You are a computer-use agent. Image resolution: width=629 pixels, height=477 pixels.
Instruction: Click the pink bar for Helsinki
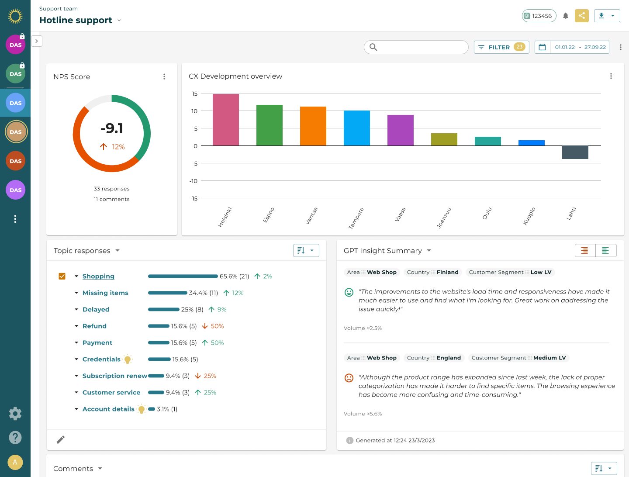click(x=225, y=120)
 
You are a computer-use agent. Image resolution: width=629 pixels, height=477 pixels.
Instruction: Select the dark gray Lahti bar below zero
click(x=575, y=152)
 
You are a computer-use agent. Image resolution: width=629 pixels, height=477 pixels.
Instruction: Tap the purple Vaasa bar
click(x=400, y=130)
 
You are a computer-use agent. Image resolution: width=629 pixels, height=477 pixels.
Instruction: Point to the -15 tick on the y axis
click(x=194, y=198)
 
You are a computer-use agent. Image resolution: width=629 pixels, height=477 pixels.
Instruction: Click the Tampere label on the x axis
click(x=356, y=218)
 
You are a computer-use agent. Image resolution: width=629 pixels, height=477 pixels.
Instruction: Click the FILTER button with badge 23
click(x=501, y=47)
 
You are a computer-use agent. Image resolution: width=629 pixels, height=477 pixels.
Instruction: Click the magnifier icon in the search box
click(x=373, y=47)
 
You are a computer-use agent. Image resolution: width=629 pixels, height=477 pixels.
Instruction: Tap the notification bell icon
click(x=566, y=16)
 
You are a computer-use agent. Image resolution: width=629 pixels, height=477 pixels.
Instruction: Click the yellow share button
click(x=581, y=16)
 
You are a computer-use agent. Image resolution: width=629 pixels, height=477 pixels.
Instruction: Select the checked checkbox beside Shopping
click(x=62, y=276)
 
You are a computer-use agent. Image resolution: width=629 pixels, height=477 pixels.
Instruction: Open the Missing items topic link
click(x=105, y=293)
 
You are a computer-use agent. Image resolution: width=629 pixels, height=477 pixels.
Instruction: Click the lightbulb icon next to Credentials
click(x=128, y=359)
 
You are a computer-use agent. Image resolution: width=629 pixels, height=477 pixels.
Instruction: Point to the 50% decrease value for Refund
click(x=217, y=326)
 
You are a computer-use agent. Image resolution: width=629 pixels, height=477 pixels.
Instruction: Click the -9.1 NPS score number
click(x=112, y=128)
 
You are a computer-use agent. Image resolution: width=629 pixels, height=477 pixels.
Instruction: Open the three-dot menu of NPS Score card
click(x=164, y=76)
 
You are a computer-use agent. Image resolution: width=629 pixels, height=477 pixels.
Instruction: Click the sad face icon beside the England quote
click(x=349, y=378)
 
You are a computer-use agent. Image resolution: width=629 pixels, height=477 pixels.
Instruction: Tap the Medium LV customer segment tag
click(x=518, y=358)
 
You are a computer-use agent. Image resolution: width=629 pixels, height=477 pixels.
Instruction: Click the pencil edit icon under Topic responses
click(x=61, y=439)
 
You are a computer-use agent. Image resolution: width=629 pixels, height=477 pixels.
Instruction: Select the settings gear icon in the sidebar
click(x=15, y=414)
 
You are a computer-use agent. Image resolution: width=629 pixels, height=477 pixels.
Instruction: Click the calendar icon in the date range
click(x=542, y=47)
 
